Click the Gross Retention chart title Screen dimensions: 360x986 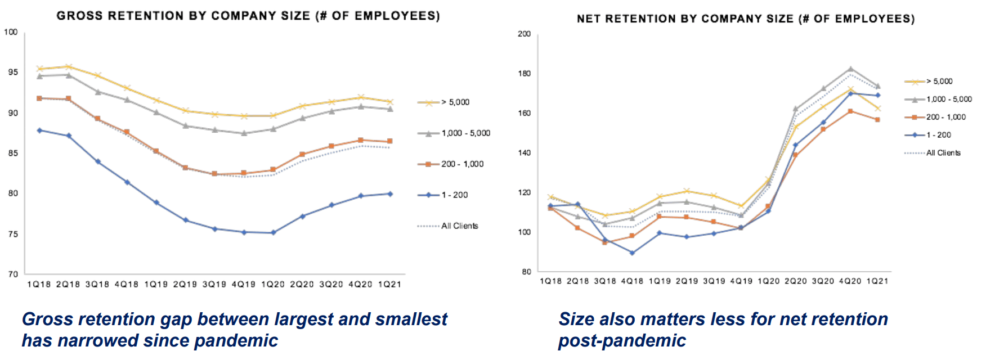248,16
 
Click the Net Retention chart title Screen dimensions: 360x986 745,19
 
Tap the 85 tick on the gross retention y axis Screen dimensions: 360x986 12,153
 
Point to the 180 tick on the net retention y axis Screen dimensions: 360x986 524,73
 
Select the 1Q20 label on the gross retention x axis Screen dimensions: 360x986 273,285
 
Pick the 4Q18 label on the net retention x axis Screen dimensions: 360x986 632,281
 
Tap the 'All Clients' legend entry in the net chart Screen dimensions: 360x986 943,153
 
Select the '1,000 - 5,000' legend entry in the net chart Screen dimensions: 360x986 949,99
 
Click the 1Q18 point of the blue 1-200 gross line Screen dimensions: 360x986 39,130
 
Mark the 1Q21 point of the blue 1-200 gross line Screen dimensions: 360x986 390,194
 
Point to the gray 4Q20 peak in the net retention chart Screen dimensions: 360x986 850,69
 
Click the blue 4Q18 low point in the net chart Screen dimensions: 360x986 632,253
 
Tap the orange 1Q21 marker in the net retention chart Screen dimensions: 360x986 877,120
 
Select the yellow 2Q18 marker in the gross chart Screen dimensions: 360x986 68,67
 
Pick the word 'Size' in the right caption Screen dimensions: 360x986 577,319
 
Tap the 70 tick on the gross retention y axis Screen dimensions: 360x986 12,274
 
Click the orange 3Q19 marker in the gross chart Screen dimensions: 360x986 214,174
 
